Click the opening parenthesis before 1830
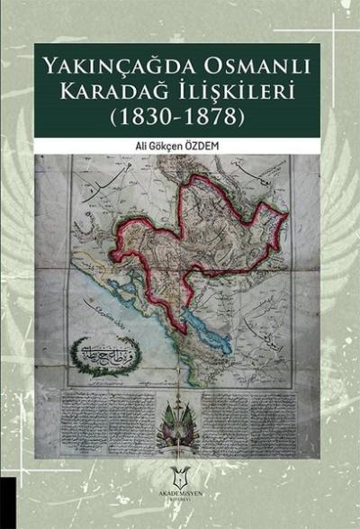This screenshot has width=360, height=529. click(116, 117)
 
